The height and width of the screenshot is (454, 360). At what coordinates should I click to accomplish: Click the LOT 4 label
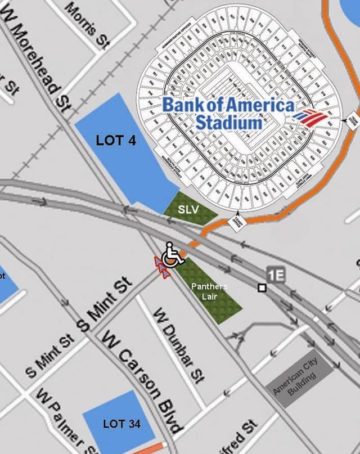point(116,140)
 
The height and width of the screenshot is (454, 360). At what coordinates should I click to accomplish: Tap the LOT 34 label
point(121,424)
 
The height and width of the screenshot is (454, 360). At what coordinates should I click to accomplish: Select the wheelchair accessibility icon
point(172,255)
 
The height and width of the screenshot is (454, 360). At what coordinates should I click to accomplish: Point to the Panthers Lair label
point(209,291)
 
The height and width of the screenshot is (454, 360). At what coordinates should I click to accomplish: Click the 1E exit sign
point(276,275)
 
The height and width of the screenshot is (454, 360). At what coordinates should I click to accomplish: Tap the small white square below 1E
point(262,288)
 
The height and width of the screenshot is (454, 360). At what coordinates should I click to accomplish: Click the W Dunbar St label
point(179,344)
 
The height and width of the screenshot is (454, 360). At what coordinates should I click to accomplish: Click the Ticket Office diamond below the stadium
point(237,221)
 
